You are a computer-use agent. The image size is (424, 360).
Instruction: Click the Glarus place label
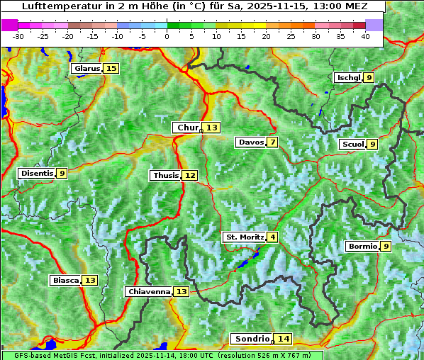click(x=87, y=69)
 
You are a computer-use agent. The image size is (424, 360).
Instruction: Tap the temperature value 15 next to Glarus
click(x=111, y=69)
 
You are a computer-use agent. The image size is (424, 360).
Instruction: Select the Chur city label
click(x=188, y=128)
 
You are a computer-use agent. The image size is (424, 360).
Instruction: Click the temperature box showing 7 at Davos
click(x=272, y=142)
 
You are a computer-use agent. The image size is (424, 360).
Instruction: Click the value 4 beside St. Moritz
click(x=272, y=237)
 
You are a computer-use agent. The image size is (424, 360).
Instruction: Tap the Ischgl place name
click(x=348, y=77)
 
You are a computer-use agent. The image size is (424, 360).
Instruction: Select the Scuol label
click(x=352, y=144)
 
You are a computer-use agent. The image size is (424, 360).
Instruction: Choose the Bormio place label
click(x=362, y=247)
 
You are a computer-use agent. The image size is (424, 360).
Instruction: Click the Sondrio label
click(x=252, y=339)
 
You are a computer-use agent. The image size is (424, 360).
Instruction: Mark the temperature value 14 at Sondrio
click(x=284, y=339)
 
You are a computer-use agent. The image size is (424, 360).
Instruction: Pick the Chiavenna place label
click(x=149, y=291)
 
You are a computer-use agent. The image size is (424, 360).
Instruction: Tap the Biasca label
click(x=65, y=281)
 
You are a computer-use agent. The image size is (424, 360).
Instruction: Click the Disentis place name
click(x=36, y=173)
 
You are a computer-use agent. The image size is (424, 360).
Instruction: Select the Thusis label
click(x=165, y=175)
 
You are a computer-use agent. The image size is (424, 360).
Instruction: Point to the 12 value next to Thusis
click(x=189, y=175)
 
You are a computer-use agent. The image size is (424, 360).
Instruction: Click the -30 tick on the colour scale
click(x=18, y=36)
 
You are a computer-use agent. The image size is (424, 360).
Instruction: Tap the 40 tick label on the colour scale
click(x=365, y=36)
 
